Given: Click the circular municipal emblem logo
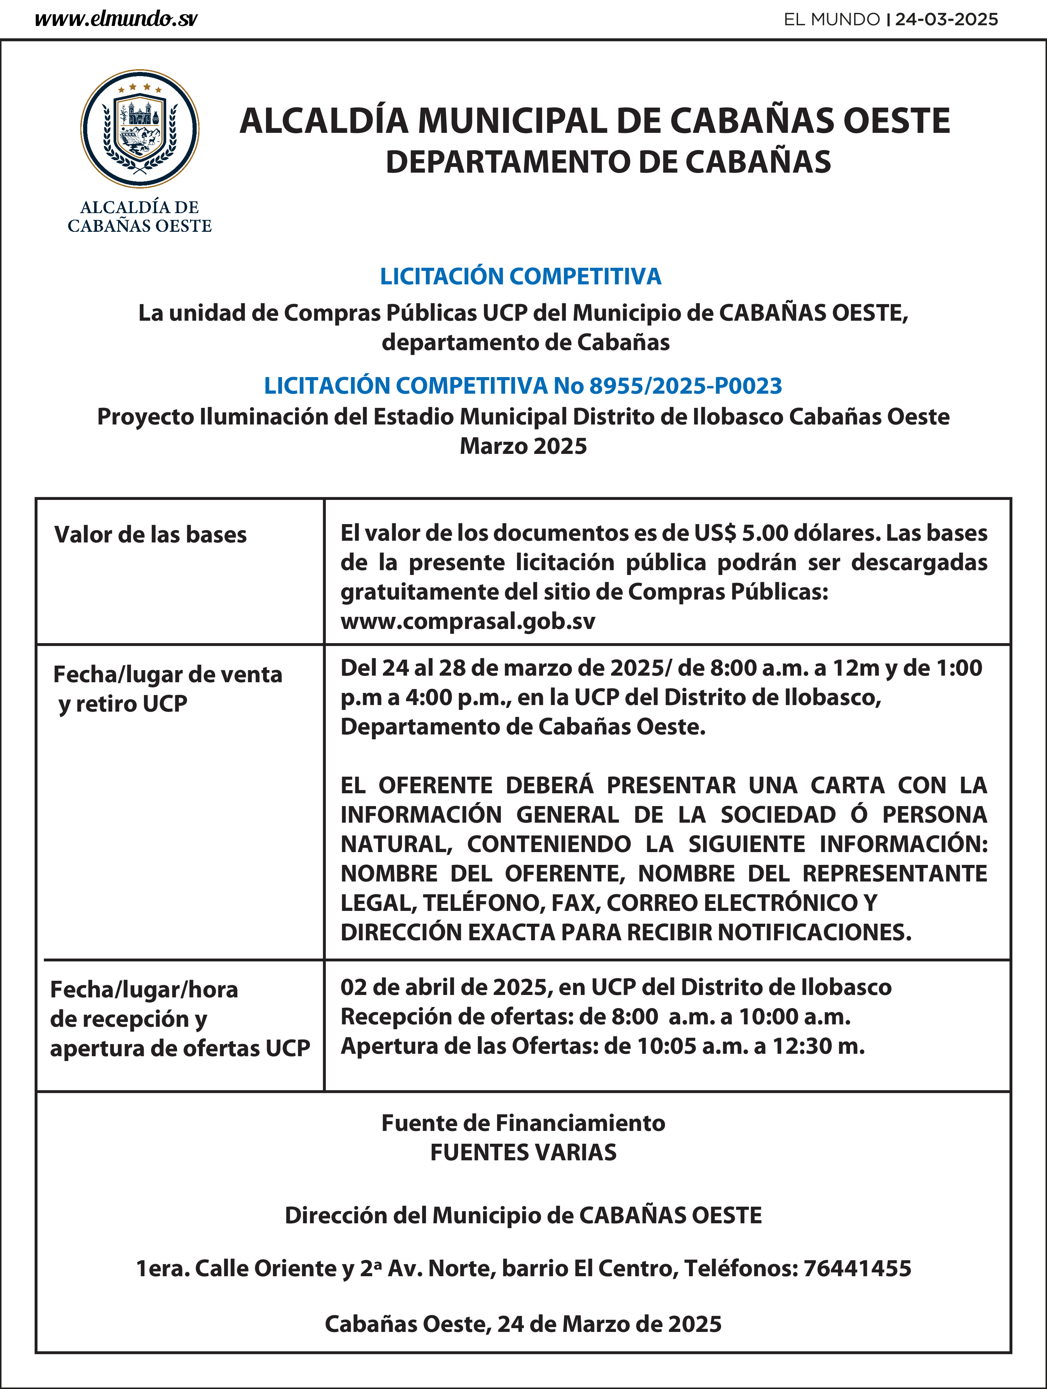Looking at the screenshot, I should click(140, 129).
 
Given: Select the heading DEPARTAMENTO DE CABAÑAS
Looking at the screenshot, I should click(608, 162).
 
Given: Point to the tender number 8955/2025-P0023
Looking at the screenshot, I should click(685, 385).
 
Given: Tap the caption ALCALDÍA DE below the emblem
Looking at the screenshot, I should click(140, 207).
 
